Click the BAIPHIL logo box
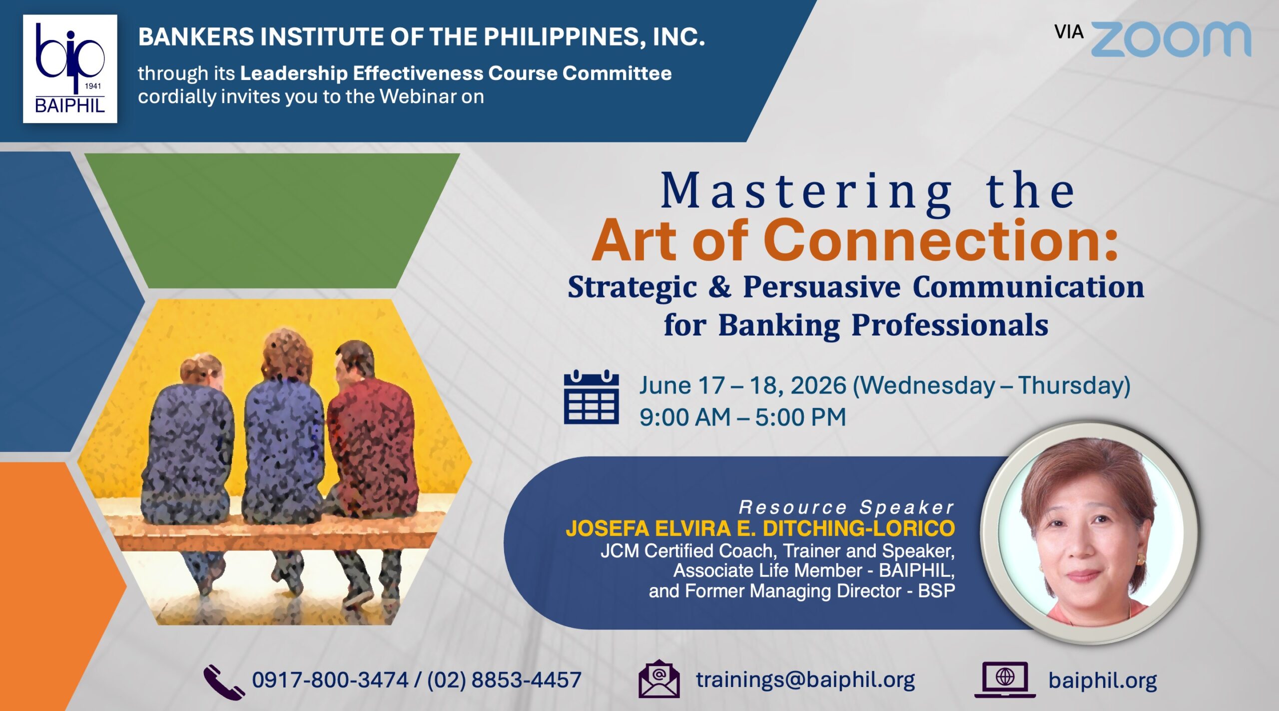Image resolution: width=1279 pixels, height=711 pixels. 70,69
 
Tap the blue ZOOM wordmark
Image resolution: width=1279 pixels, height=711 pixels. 1171,39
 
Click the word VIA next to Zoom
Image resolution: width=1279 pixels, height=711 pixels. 1069,32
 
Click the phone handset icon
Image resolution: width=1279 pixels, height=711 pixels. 223,681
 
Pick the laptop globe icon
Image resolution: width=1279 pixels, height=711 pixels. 1005,679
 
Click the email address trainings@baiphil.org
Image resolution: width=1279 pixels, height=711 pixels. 805,680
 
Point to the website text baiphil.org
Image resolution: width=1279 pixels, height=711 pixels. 1103,680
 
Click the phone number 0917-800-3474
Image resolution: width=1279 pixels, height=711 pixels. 330,680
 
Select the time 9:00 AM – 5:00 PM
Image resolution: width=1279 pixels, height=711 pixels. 742,417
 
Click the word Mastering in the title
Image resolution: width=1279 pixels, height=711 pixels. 806,192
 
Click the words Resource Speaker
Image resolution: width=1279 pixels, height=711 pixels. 847,507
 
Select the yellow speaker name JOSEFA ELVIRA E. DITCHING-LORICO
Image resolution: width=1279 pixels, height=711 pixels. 760,528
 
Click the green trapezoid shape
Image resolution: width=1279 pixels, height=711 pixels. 272,220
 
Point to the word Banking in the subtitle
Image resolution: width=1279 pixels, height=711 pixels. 779,325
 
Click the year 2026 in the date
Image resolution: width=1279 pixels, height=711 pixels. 818,385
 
